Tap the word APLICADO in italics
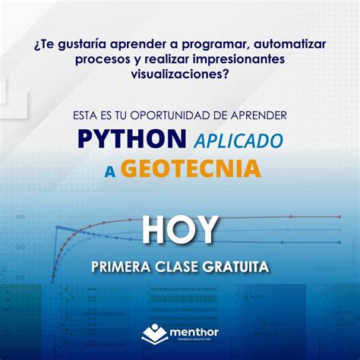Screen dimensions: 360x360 (238, 141)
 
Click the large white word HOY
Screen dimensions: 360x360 (180, 230)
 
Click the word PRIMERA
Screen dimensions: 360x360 (122, 267)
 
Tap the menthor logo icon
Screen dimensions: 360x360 (155, 334)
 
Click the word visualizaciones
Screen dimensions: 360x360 (179, 74)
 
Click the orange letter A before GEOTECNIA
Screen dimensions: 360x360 (110, 171)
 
